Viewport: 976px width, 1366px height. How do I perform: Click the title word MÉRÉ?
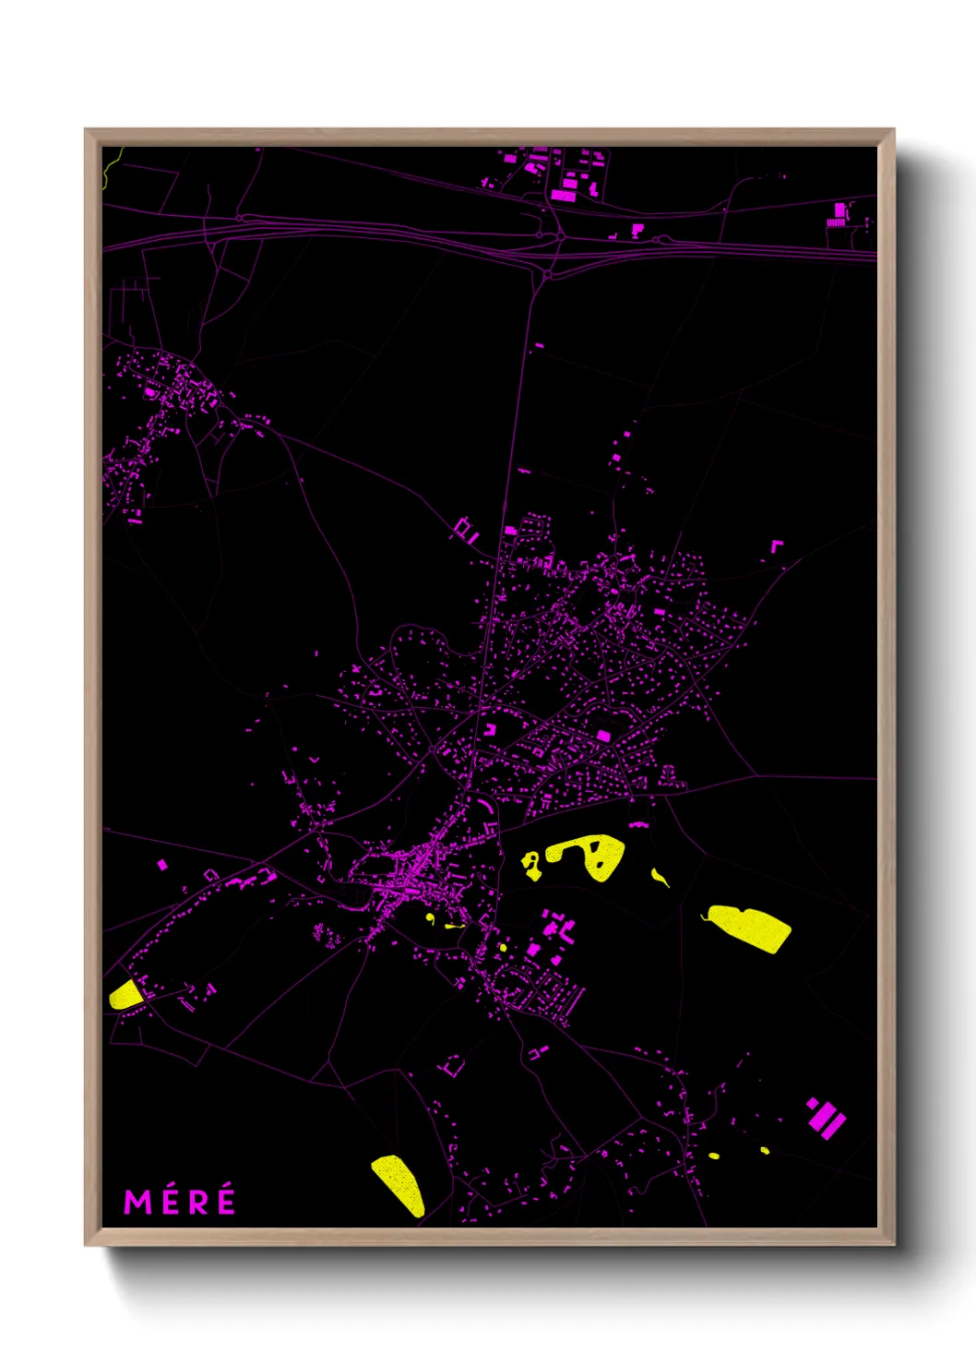coord(180,1202)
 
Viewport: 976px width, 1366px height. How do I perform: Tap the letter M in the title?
coord(137,1203)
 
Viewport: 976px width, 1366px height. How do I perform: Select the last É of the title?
coord(224,1202)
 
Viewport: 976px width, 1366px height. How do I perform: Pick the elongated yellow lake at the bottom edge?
coord(399,1184)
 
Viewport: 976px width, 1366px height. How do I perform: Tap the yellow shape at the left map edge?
coord(125,995)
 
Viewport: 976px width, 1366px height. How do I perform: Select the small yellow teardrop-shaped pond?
coord(660,877)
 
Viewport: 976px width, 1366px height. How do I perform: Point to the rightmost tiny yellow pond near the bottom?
coord(765,1150)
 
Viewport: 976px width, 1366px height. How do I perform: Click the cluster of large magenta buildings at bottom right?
coord(826,1119)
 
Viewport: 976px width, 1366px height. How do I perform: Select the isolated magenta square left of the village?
coord(162,865)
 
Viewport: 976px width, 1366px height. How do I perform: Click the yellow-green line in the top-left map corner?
coord(111,164)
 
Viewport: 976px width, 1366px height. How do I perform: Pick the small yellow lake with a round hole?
coord(531,866)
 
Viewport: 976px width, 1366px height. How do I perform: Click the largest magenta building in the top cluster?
coord(563,196)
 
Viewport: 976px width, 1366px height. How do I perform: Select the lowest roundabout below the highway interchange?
coord(548,274)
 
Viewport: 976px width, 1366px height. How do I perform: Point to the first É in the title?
coord(167,1202)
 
